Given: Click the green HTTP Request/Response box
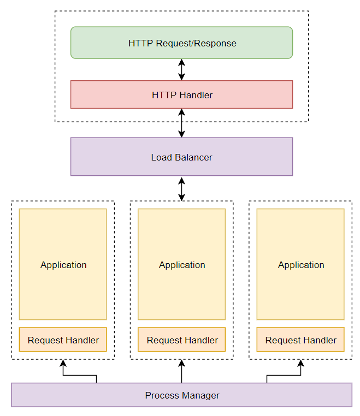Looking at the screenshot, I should [181, 43].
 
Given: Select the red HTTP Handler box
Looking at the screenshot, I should [181, 94].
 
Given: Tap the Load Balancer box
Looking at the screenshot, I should [181, 157].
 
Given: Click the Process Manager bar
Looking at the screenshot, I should [181, 395].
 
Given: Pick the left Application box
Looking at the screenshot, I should [63, 264].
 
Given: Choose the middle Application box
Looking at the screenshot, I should [181, 264].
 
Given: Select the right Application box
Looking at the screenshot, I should [300, 264].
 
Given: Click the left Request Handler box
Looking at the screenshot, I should [63, 340].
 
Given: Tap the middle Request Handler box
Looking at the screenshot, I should [181, 340].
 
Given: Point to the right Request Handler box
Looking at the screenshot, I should [300, 340].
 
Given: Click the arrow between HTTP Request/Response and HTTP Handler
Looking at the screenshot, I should [181, 69].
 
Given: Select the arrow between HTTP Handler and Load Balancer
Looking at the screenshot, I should [181, 123].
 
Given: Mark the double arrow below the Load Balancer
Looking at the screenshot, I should [181, 188].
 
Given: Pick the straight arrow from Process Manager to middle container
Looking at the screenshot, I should [181, 371].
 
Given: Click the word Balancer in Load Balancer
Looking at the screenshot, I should [193, 157].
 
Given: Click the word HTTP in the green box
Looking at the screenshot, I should [138, 43].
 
